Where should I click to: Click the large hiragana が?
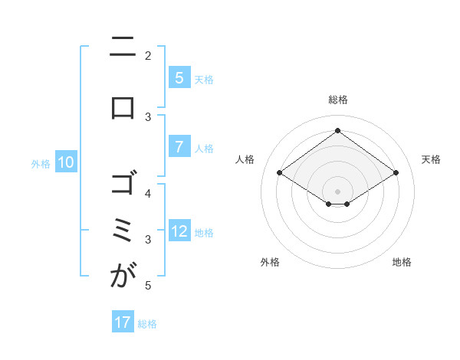123,277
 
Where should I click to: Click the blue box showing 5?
179,78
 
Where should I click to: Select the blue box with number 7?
179,147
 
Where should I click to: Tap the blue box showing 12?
179,231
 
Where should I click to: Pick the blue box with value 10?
66,162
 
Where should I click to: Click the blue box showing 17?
123,322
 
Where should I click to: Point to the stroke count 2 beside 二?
148,55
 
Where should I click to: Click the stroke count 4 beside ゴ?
148,194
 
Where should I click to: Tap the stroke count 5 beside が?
148,286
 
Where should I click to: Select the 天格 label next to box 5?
204,79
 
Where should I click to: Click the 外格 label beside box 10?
41,163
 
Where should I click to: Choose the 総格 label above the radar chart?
337,100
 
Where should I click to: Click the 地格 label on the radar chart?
402,262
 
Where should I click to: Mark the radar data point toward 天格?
396,173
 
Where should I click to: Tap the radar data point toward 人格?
280,173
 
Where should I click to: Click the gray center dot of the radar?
337,191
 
